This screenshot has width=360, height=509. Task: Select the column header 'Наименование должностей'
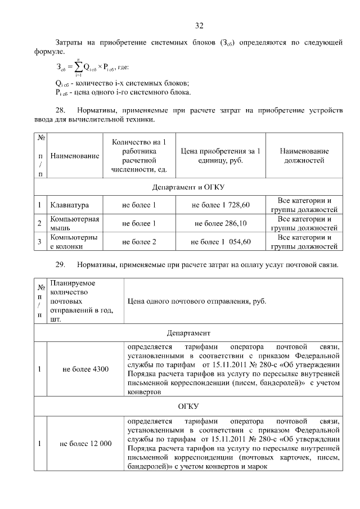(304, 156)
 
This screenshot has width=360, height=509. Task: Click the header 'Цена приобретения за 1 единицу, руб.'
(220, 156)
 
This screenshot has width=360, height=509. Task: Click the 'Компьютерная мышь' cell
(74, 223)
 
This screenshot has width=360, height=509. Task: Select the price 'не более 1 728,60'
(220, 205)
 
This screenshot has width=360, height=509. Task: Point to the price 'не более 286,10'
(220, 223)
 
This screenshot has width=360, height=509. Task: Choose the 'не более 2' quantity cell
(139, 242)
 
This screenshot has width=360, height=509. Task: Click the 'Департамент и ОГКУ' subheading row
(188, 186)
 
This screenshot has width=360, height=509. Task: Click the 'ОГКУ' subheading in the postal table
(188, 406)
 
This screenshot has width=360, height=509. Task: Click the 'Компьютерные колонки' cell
(74, 242)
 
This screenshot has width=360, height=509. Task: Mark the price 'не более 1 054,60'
(220, 242)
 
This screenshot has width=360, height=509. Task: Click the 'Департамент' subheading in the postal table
(188, 332)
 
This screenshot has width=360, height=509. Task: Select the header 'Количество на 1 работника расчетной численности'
(139, 156)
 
